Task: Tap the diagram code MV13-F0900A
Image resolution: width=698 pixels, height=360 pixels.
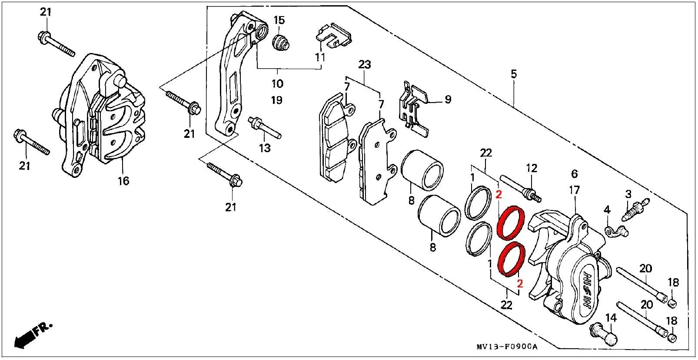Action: pos(507,347)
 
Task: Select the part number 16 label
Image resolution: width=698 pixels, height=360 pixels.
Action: pos(123,181)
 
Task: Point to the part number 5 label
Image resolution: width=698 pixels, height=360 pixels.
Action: pos(514,74)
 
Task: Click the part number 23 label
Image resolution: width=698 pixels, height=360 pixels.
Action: pos(365,64)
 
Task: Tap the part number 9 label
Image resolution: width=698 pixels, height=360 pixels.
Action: pos(448,100)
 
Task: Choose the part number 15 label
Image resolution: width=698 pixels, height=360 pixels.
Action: pos(279,20)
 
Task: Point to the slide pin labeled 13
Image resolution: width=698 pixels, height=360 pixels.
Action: pos(265,128)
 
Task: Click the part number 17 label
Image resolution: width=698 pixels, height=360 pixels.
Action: pos(574,190)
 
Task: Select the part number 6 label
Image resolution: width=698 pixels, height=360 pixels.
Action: pos(575,173)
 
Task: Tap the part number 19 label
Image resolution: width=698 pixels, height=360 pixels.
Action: pos(277,100)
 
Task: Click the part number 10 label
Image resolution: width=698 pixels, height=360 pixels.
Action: pos(277,83)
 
